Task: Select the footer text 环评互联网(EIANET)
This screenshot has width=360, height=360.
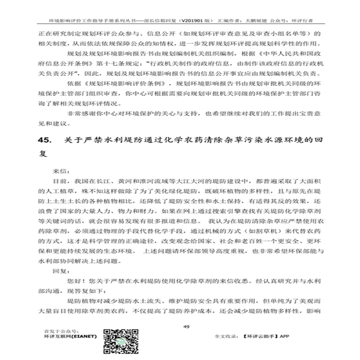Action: click(x=70, y=336)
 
